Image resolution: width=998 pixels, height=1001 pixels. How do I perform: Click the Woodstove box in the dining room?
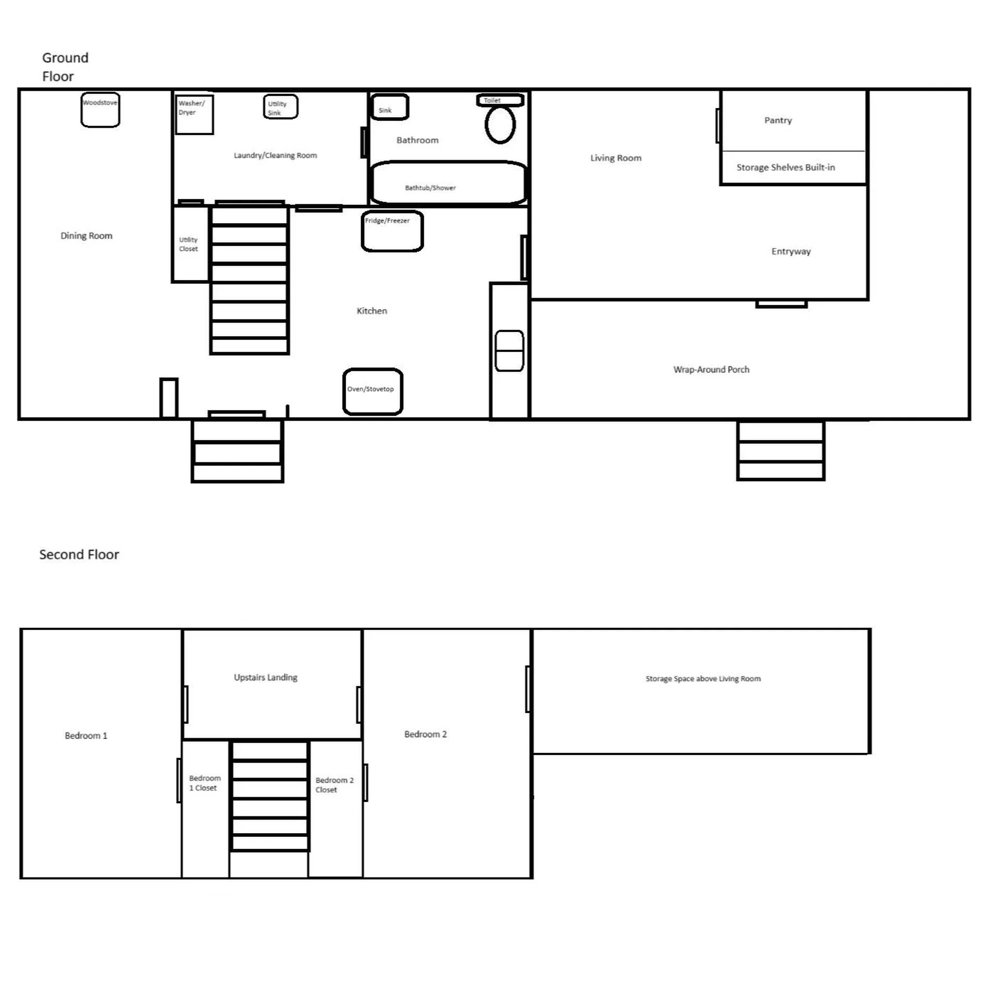point(100,109)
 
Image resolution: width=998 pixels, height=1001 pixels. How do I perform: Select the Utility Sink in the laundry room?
point(280,107)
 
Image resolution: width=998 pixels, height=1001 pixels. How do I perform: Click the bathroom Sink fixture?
point(389,107)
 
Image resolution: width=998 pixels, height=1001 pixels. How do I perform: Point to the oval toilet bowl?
point(500,125)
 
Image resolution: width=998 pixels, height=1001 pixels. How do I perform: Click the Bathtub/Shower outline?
point(448,182)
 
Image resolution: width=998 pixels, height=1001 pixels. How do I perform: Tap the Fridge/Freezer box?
point(392,231)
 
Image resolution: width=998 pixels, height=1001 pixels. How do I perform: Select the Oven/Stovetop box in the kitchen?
point(372,392)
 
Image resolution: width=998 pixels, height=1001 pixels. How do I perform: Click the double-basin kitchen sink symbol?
point(509,351)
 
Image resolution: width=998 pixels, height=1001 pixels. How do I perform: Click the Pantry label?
point(778,120)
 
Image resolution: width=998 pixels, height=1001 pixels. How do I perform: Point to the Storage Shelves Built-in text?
point(785,167)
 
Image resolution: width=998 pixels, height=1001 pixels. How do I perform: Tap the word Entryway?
point(791,251)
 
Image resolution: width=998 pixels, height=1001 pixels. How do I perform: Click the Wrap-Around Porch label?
point(711,370)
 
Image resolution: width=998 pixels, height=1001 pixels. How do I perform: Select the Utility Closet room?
point(189,245)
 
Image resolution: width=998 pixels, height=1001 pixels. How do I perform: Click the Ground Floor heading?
point(65,67)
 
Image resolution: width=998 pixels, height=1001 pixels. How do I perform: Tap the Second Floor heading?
point(79,554)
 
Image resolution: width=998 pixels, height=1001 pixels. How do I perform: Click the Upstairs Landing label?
point(265,677)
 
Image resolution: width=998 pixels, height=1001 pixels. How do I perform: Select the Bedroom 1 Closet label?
point(204,783)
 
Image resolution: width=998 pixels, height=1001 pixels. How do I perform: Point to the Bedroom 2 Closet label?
point(334,785)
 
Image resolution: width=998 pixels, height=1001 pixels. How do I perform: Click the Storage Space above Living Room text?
point(703,679)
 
